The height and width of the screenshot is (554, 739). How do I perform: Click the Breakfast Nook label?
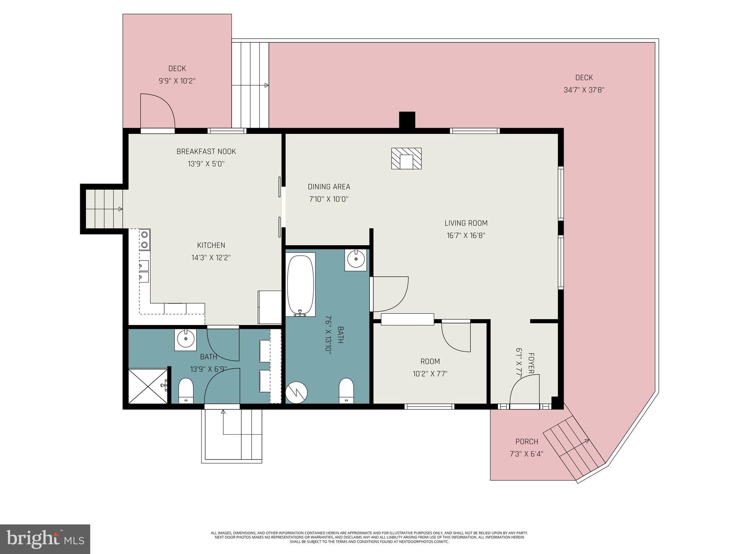click(x=206, y=151)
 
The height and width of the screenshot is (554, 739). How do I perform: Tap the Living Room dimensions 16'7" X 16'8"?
click(x=466, y=236)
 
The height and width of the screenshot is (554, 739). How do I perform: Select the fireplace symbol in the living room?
click(x=406, y=158)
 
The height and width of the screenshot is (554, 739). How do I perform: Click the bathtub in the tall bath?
click(x=301, y=285)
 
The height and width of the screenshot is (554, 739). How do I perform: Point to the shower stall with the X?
click(x=148, y=386)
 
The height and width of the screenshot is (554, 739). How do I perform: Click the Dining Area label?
click(x=329, y=187)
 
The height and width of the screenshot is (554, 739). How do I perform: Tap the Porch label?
click(x=526, y=441)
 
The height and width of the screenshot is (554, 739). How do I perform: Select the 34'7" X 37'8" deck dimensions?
click(x=584, y=90)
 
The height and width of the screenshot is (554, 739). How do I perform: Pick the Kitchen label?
click(x=211, y=245)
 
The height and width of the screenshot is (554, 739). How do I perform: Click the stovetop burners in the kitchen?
click(x=144, y=239)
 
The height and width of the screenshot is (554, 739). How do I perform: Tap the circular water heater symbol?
click(x=296, y=392)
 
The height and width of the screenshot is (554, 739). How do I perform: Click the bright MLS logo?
click(x=45, y=539)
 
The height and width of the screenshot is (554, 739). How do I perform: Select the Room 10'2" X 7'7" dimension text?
click(x=430, y=374)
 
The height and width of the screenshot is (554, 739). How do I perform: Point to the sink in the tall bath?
click(x=356, y=259)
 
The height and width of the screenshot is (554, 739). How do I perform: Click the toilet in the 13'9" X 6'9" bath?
click(x=186, y=390)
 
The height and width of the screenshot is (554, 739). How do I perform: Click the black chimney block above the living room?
click(x=407, y=120)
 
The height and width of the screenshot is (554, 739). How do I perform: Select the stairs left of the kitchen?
click(x=104, y=209)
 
